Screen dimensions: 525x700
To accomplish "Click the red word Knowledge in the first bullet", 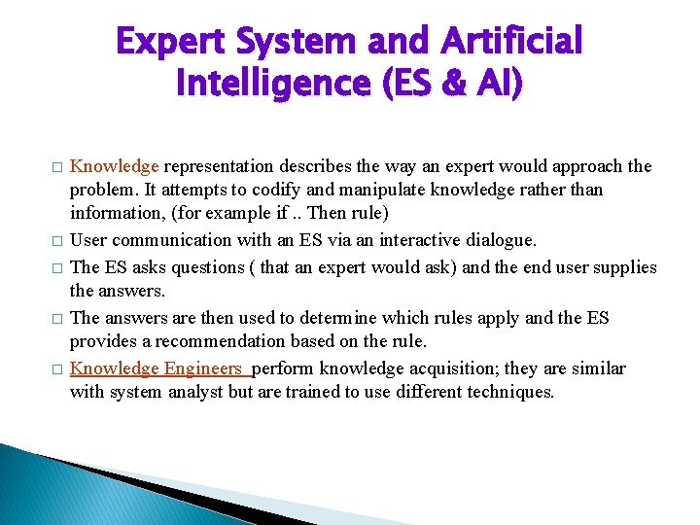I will click(x=115, y=166).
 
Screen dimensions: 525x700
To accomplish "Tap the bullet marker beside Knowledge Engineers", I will click(x=57, y=369).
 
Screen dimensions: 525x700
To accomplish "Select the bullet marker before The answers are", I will click(x=57, y=319).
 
